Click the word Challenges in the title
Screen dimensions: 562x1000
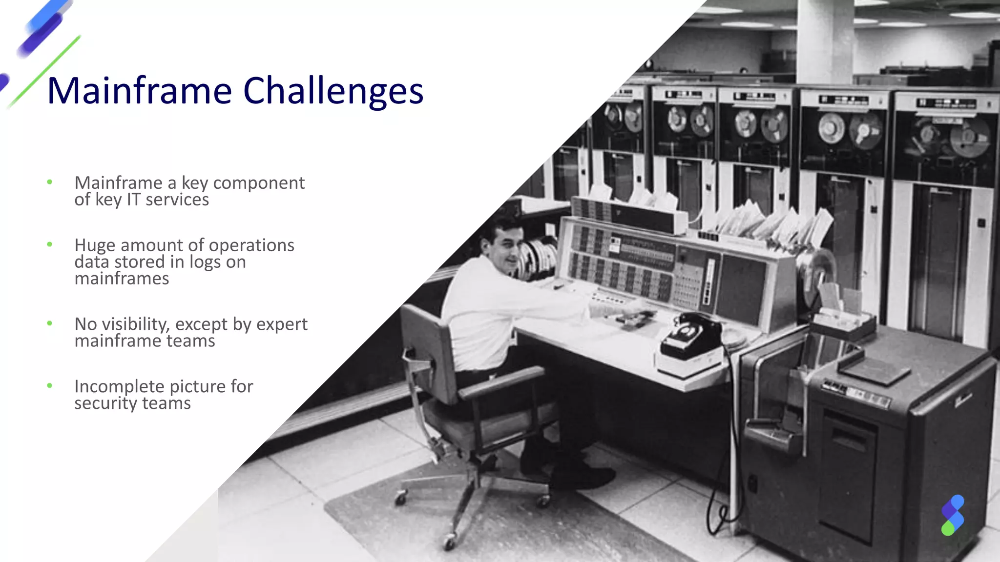333,91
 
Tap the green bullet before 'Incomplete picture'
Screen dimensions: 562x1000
49,386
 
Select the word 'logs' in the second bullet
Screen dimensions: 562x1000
205,262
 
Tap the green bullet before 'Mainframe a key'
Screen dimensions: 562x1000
49,182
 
